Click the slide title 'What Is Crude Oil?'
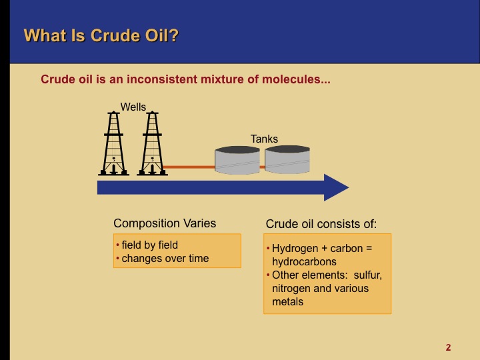tap(101, 35)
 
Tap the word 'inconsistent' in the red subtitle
tap(181, 79)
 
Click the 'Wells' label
tap(133, 107)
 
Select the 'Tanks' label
tap(264, 139)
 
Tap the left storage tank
tap(237, 161)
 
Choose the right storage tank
tap(287, 161)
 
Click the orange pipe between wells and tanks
tap(189, 167)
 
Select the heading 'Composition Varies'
tap(165, 223)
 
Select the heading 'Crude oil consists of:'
tap(321, 224)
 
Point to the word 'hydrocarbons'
tap(304, 261)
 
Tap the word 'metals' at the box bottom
tap(287, 301)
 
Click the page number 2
tap(448, 347)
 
